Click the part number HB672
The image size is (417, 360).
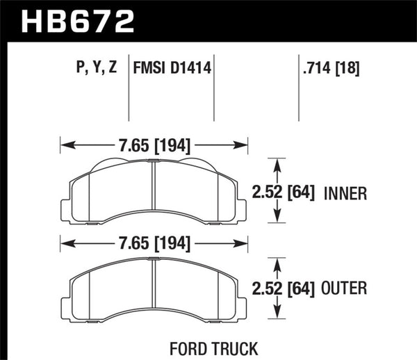[x=78, y=21]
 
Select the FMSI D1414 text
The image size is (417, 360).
[x=172, y=69]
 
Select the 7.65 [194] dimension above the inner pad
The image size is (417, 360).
[x=152, y=146]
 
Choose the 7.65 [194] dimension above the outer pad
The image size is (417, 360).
[x=152, y=243]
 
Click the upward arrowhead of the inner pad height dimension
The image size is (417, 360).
[x=278, y=163]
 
